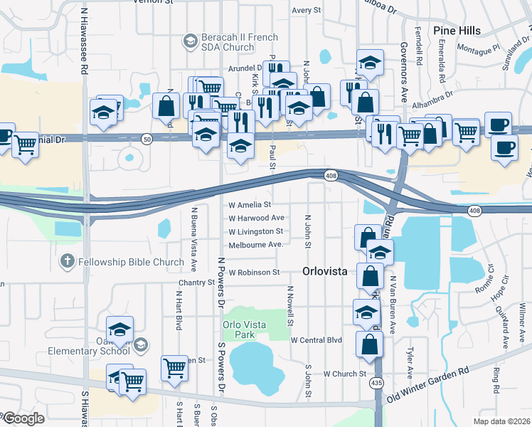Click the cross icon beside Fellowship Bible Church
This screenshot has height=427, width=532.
click(x=68, y=262)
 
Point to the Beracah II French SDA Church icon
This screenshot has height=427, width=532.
click(x=190, y=41)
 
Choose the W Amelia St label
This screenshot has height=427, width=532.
click(x=250, y=205)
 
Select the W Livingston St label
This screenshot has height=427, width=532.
click(x=255, y=231)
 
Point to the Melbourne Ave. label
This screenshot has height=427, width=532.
click(x=256, y=244)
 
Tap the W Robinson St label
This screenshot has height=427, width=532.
click(x=254, y=273)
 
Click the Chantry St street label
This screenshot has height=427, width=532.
click(x=196, y=283)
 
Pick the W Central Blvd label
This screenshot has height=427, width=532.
click(x=316, y=340)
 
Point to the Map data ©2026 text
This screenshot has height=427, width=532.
click(x=502, y=421)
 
